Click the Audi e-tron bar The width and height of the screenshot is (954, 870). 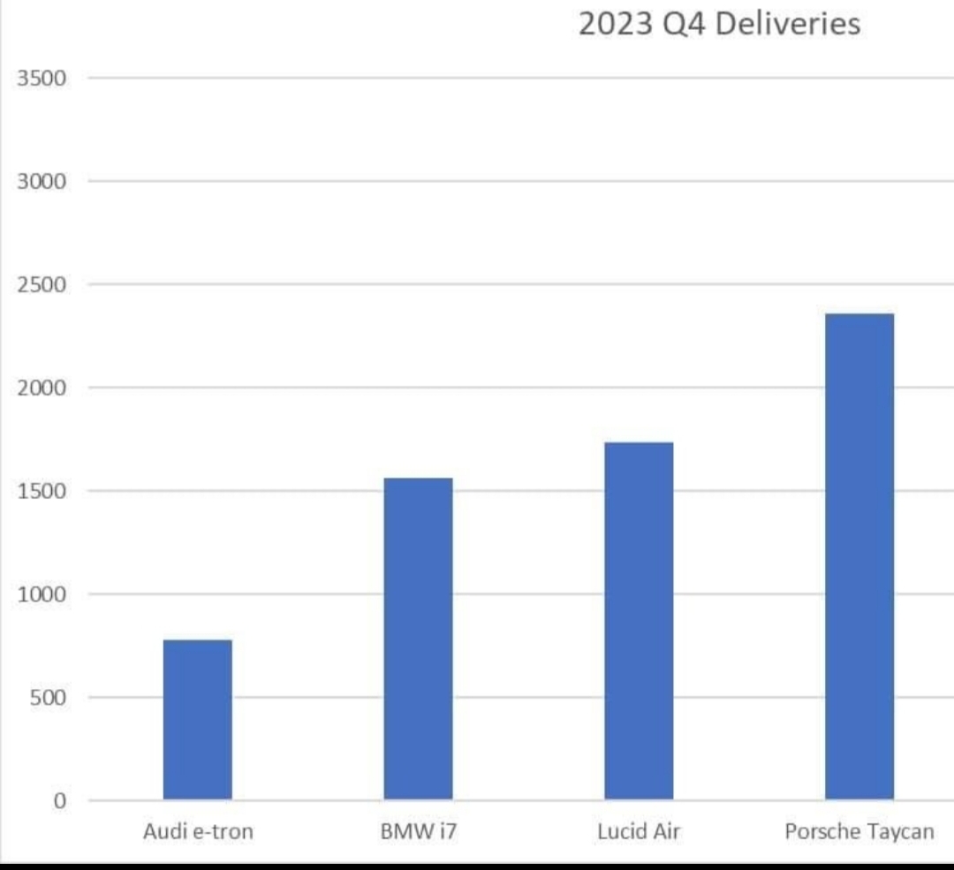coord(198,719)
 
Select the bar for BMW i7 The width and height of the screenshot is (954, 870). coord(419,639)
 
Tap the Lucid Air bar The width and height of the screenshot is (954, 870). coord(639,621)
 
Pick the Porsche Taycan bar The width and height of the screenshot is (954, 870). coord(859,556)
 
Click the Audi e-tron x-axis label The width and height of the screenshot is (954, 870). coord(198,831)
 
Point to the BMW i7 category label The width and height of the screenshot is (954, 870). coord(419,831)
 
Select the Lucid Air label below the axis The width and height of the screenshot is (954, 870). coord(639,831)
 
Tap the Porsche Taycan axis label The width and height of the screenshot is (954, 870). coord(859,832)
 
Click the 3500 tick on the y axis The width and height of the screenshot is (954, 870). coord(42,78)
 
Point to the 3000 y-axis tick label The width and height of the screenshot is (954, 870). coord(42,181)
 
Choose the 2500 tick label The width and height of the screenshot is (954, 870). coord(42,284)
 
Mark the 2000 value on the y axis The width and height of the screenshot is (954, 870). coord(42,388)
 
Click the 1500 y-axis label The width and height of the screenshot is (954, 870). coord(42,491)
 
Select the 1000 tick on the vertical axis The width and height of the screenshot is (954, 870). coord(42,594)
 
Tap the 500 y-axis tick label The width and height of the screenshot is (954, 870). coord(48,697)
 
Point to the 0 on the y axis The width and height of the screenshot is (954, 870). coord(60,800)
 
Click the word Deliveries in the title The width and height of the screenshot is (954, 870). coord(788,25)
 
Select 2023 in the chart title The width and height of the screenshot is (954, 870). coord(615,25)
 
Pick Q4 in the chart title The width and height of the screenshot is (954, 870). coord(684,25)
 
